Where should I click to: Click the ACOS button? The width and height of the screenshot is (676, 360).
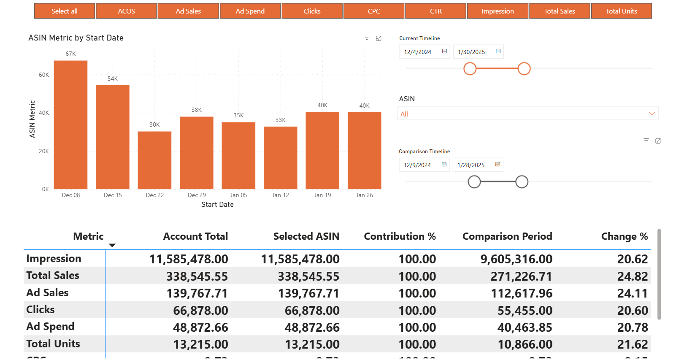click(126, 11)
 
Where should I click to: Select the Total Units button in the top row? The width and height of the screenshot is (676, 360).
click(621, 11)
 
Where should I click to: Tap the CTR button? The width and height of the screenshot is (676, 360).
click(435, 11)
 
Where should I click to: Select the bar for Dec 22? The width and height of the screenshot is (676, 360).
click(154, 160)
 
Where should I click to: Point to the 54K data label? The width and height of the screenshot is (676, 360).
click(113, 78)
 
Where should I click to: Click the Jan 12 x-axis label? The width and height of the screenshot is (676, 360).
click(280, 195)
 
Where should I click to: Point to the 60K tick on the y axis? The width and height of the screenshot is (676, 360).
click(44, 75)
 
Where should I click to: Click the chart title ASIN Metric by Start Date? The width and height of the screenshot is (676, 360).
click(76, 38)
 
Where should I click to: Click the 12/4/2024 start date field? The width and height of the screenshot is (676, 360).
click(418, 52)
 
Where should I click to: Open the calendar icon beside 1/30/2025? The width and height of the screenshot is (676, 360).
click(498, 51)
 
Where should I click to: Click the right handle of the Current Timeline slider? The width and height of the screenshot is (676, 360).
click(524, 68)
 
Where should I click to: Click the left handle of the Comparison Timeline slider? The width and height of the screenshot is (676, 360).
click(474, 182)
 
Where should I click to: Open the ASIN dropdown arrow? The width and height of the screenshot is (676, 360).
click(652, 114)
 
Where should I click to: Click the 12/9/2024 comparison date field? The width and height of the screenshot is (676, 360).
click(417, 165)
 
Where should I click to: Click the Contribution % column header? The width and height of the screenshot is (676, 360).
click(400, 236)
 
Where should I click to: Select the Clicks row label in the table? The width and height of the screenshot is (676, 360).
click(41, 310)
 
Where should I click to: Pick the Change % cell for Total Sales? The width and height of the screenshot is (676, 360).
click(632, 276)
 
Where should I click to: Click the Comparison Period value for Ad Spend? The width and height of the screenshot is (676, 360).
click(525, 328)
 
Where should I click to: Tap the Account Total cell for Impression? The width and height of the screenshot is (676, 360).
click(189, 259)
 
